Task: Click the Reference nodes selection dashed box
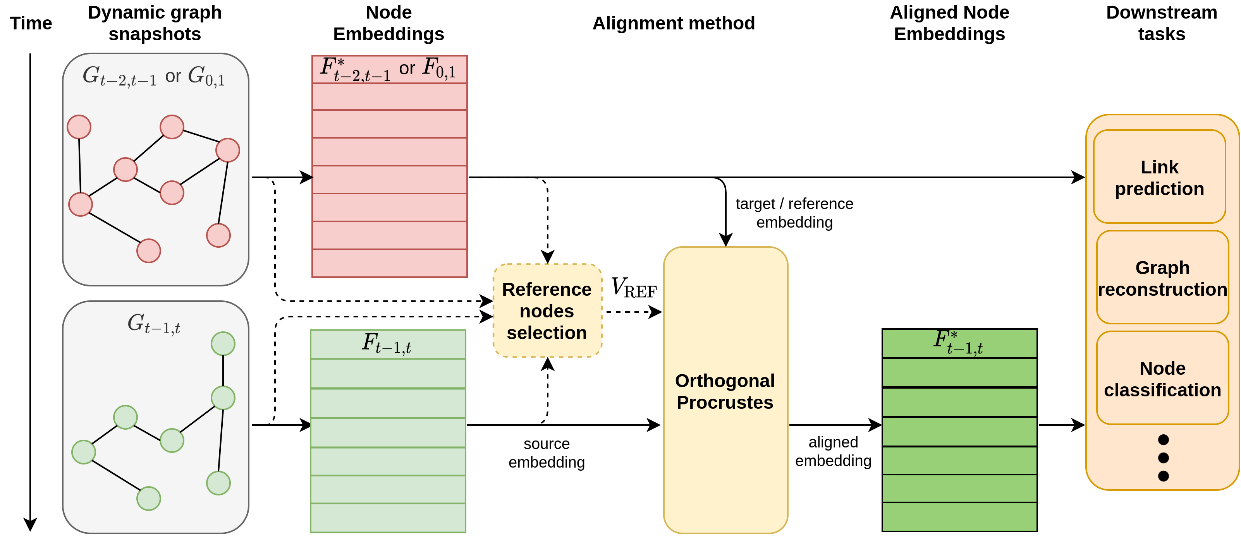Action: [547, 310]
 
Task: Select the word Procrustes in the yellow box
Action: [725, 403]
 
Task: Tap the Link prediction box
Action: [1159, 177]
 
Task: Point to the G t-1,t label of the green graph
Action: [154, 324]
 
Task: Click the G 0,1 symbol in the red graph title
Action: [206, 77]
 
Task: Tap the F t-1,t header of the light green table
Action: [387, 344]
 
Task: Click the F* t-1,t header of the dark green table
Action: [958, 343]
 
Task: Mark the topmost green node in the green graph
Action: [223, 344]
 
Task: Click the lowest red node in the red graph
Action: [148, 251]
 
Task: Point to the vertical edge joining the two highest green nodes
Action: [223, 371]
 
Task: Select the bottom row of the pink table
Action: [389, 263]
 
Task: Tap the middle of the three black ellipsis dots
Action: [1163, 458]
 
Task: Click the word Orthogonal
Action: [725, 381]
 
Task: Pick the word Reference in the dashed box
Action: [547, 290]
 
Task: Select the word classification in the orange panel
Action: [1162, 390]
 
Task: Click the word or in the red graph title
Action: [173, 76]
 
